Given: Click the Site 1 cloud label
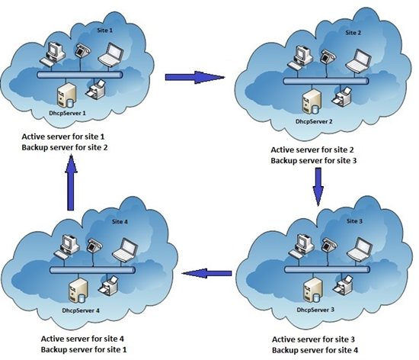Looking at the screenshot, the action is (x=105, y=31).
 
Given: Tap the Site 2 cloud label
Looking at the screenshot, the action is (x=353, y=33).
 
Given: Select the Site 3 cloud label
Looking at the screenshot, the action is (x=354, y=221).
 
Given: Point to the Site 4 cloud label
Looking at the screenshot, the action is (x=120, y=222).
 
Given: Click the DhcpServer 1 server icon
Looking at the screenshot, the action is (x=66, y=95).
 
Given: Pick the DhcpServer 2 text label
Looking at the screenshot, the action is (x=314, y=121).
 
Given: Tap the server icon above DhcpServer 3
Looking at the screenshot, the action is (x=313, y=290).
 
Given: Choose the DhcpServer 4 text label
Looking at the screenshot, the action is (x=81, y=310).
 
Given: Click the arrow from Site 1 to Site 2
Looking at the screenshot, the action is (x=195, y=77).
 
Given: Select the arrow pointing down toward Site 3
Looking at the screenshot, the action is (x=318, y=187).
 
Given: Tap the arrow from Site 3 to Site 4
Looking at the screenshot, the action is (x=206, y=273).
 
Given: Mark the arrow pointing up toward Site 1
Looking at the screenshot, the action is (x=71, y=183).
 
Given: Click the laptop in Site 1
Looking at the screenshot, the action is (x=111, y=54).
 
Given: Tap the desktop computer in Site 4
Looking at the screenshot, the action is (x=66, y=246).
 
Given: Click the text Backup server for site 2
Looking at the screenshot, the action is (x=65, y=147).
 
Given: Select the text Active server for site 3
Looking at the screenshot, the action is (x=313, y=339).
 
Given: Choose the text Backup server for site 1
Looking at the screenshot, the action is (x=84, y=349).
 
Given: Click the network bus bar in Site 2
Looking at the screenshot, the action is (x=326, y=81).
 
